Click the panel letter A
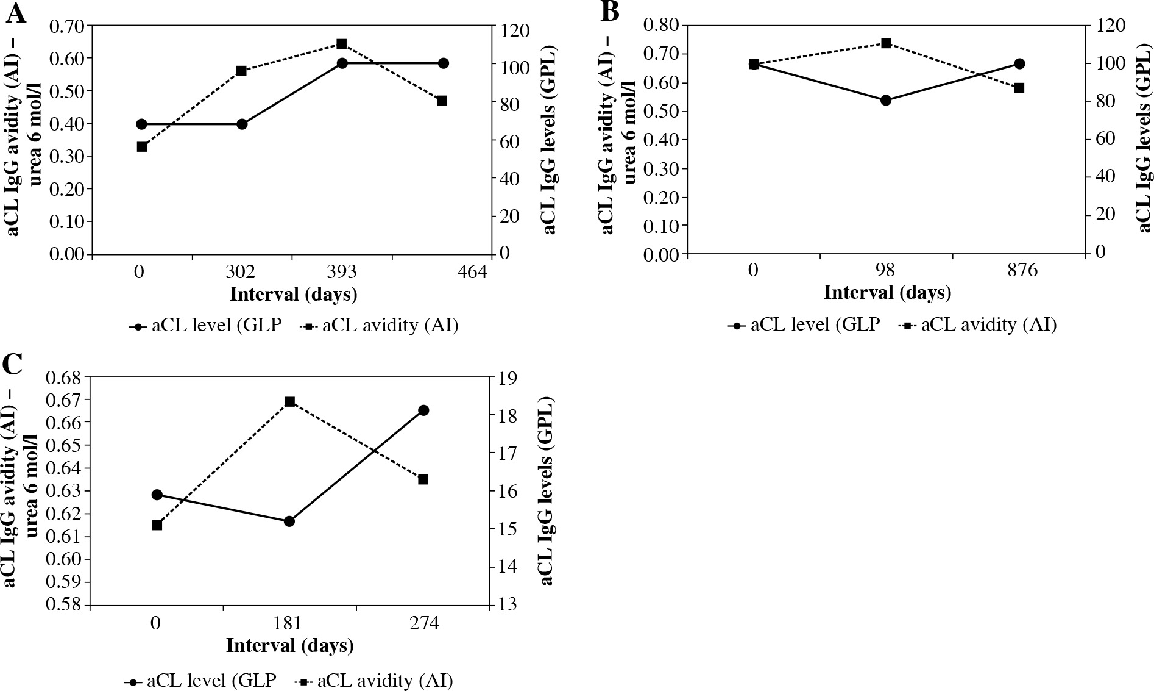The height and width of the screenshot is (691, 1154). pos(16,13)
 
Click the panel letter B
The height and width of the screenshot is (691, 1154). pos(610,12)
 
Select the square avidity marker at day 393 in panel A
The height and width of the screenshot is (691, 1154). pos(342,44)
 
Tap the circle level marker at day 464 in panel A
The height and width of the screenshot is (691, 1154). pos(443,63)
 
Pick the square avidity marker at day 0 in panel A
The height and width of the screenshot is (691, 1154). pos(142,147)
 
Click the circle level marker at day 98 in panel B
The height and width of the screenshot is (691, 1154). pos(887,100)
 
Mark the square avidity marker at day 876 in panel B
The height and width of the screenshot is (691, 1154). pos(1019,88)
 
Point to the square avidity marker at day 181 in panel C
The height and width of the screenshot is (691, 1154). pos(290,401)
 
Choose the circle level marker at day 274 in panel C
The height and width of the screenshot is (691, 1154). pos(423,410)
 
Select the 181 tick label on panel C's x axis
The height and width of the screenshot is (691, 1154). pos(289,624)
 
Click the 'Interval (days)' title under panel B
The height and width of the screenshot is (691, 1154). pos(887,293)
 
